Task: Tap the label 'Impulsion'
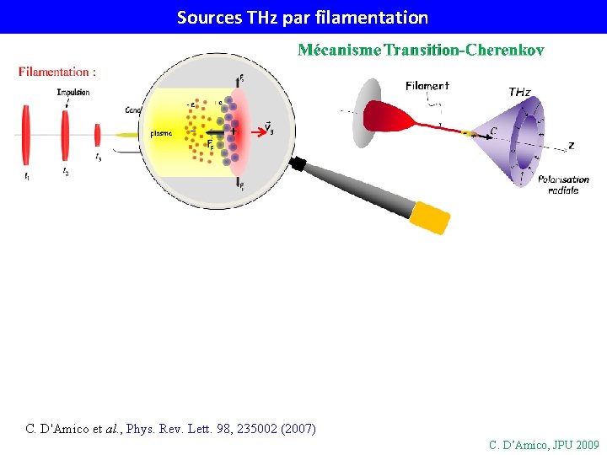[x=73, y=92]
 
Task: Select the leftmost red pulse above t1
[x=27, y=135]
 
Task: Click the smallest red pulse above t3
[x=98, y=135]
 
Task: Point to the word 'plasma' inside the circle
[x=162, y=133]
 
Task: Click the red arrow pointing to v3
[x=250, y=129]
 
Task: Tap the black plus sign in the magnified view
[x=234, y=132]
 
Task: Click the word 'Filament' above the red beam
[x=427, y=85]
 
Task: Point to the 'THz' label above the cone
[x=519, y=91]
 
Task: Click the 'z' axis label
[x=571, y=145]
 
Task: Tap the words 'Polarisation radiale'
[x=563, y=184]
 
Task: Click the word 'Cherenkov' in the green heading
[x=502, y=51]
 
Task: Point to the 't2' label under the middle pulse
[x=65, y=171]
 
